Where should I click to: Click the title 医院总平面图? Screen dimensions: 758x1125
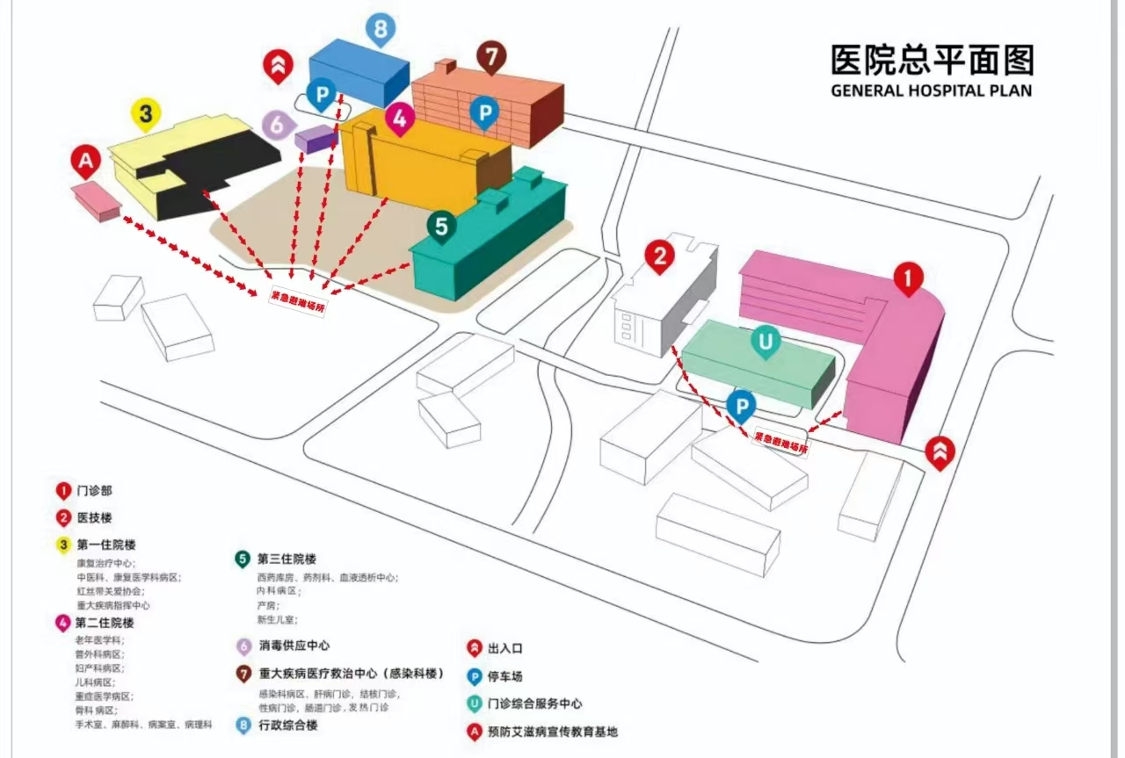(932, 60)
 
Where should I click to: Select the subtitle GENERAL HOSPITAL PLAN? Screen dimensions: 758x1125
(932, 90)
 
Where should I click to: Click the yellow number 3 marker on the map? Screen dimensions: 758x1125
(146, 113)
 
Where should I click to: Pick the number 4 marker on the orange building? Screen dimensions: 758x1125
(399, 119)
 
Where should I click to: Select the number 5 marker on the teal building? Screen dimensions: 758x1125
(441, 226)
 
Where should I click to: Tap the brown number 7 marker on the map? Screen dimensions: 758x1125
(492, 57)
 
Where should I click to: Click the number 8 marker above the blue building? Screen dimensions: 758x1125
(381, 30)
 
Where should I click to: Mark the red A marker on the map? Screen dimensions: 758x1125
(85, 162)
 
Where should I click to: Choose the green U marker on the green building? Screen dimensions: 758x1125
(766, 342)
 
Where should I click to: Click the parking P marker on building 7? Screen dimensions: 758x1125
(483, 112)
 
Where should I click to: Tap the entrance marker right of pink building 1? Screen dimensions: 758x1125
(940, 451)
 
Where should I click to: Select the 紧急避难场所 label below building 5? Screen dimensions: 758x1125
(297, 299)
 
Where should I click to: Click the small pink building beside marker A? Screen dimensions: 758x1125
(97, 200)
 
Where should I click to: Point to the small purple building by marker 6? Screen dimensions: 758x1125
(315, 139)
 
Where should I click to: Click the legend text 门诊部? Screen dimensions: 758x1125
(95, 492)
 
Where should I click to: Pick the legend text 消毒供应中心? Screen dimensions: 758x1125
(294, 646)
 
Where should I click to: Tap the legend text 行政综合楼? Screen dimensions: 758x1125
(288, 726)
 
